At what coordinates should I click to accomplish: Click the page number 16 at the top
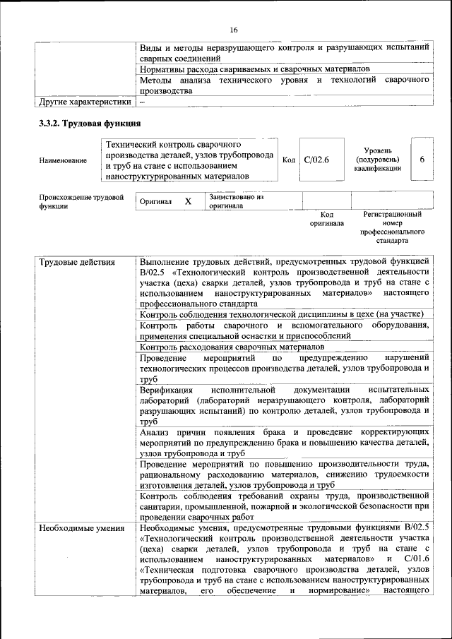pyautogui.click(x=234, y=29)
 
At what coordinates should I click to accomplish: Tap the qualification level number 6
pyautogui.click(x=422, y=160)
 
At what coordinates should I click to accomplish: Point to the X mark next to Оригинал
pyautogui.click(x=188, y=201)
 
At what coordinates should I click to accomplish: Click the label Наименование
pyautogui.click(x=64, y=160)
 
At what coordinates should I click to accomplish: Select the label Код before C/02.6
pyautogui.click(x=289, y=160)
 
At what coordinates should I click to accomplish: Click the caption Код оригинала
pyautogui.click(x=326, y=219)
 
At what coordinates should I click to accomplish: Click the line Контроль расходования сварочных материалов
pyautogui.click(x=232, y=347)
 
